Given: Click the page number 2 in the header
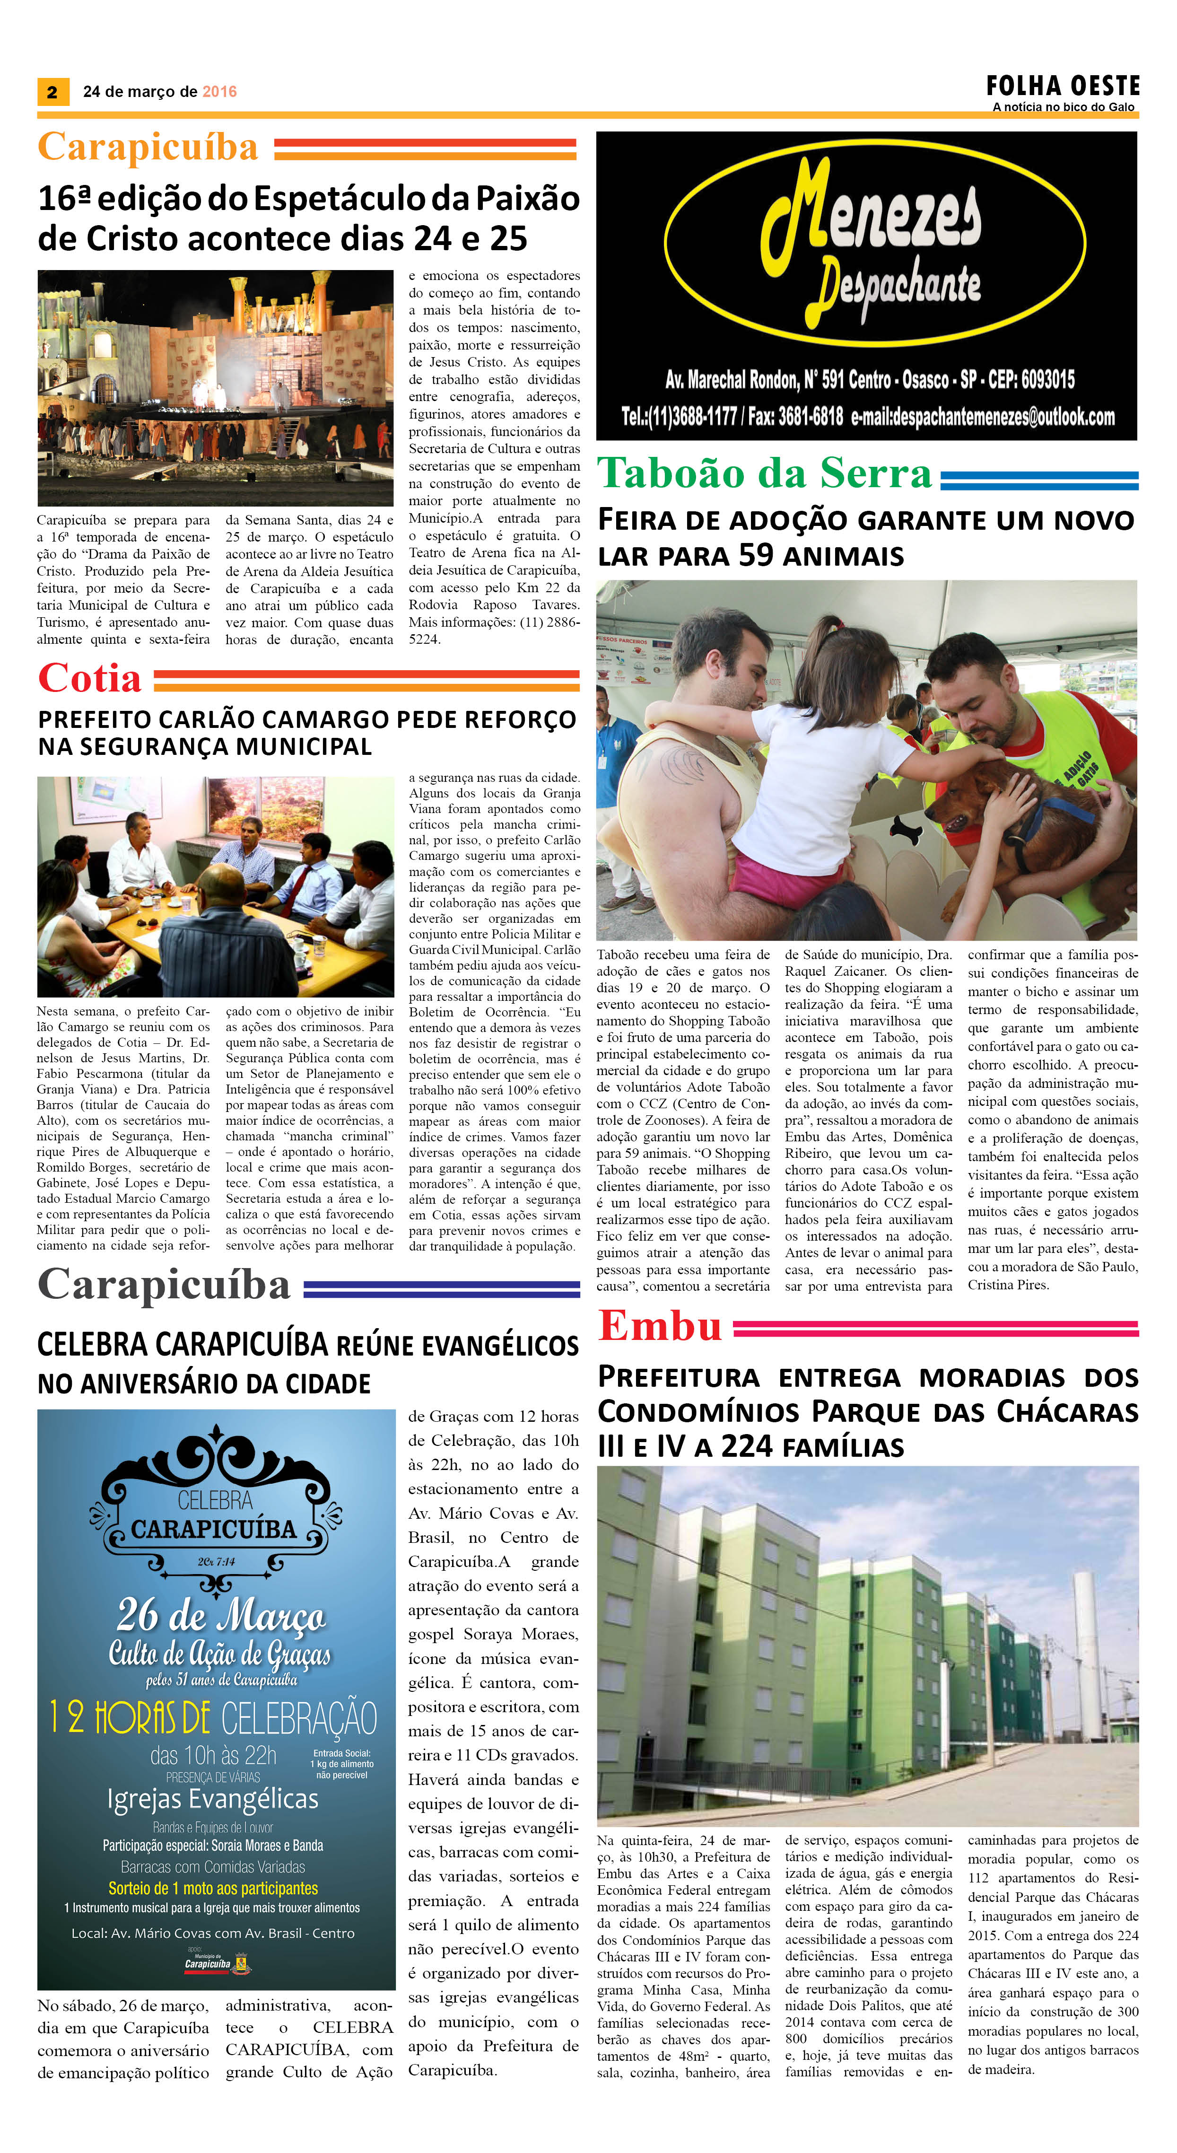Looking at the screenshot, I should (x=52, y=92).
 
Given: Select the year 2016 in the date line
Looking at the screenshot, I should (x=220, y=92).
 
